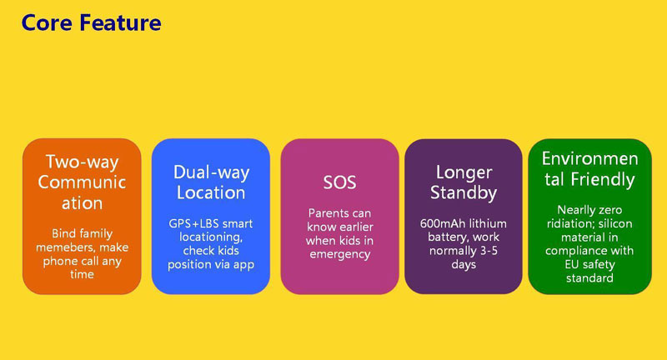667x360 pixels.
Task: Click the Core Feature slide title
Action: [x=91, y=22]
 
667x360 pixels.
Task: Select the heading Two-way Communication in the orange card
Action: [x=82, y=182]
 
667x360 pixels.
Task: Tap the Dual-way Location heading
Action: [x=211, y=182]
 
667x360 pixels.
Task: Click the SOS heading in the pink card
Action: [x=339, y=182]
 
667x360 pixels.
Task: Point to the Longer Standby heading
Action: [x=464, y=182]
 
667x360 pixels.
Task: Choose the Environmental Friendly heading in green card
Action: [x=589, y=168]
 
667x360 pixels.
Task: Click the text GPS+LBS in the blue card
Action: [x=193, y=223]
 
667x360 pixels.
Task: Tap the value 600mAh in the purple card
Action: [x=439, y=223]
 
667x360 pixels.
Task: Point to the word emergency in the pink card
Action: [x=340, y=255]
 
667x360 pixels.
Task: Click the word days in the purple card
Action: [x=464, y=264]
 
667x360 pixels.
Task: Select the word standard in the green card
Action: [x=589, y=278]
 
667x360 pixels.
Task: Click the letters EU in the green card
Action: [x=572, y=264]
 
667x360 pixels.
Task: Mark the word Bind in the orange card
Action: [x=62, y=233]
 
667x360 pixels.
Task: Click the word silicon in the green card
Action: [x=615, y=223]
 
